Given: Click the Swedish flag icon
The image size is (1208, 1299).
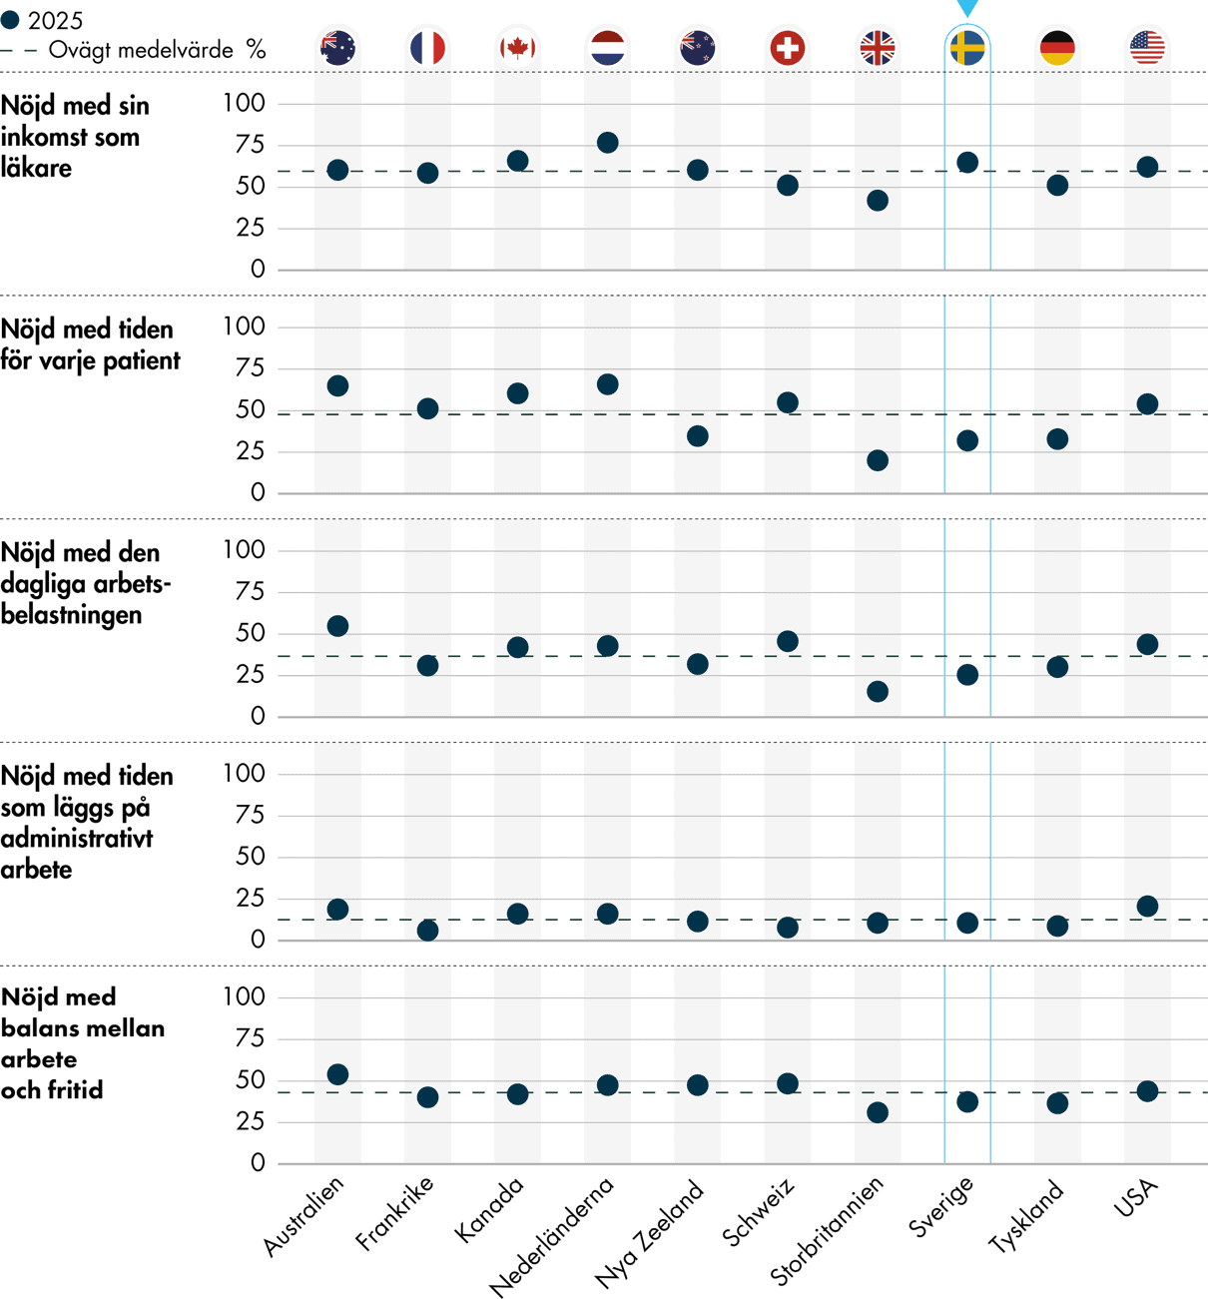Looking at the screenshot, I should pos(967,48).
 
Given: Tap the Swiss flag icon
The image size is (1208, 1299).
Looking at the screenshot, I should pos(788,48).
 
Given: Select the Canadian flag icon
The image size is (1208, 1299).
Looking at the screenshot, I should pos(517,48).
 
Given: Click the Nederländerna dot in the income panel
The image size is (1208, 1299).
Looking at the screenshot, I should pos(607,143).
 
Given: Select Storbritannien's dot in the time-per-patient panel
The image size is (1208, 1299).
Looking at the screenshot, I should pos(878,460).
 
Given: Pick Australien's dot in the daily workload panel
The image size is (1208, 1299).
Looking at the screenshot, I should pos(337,626).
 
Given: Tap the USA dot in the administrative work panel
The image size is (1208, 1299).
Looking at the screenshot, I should pos(1147,906).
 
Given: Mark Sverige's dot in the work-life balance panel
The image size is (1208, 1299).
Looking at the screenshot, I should pos(967,1102).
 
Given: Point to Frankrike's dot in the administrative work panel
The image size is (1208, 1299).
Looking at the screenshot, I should pos(427,931).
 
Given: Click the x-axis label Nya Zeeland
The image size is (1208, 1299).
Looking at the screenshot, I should pos(650,1234).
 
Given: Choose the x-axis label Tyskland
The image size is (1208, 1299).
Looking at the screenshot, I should pos(1026,1215).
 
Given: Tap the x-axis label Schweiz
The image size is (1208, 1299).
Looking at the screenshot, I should pos(760,1212).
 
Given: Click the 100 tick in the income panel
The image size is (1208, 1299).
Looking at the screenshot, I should pos(244,103).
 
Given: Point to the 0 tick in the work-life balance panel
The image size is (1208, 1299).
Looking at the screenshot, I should pos(258,1163).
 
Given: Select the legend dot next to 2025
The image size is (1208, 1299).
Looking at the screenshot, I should pos(10,20).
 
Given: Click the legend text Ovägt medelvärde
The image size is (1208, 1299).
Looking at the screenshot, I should pos(141,50).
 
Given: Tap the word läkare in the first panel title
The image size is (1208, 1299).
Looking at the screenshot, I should pos(37,168).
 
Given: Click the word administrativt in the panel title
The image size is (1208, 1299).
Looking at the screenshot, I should pos(77,838).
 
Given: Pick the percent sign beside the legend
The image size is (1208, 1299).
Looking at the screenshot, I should pos(257,50).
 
